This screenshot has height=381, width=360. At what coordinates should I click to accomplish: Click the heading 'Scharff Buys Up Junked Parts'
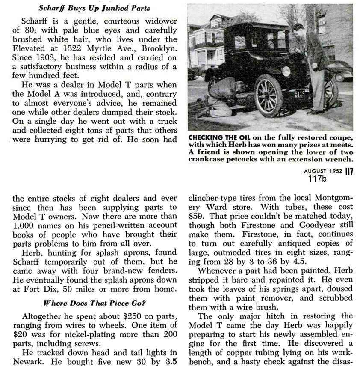94,7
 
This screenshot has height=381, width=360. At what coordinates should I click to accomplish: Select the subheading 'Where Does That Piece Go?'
95,304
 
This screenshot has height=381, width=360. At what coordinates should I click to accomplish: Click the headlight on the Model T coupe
286,71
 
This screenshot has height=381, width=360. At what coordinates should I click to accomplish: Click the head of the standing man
298,29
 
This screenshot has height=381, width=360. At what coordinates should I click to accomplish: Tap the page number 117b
317,178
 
